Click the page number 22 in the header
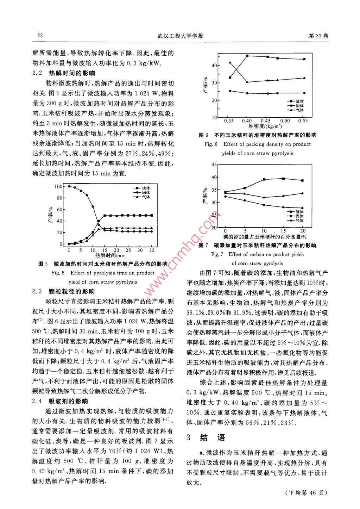(40, 36)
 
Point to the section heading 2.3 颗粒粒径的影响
(64, 291)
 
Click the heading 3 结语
(206, 437)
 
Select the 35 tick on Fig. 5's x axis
(152, 250)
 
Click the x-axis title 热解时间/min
(110, 255)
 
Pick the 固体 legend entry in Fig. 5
(146, 193)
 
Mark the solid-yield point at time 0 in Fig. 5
(69, 186)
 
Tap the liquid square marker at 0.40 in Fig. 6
(248, 56)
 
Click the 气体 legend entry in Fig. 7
(299, 220)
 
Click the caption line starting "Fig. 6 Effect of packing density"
(258, 144)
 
